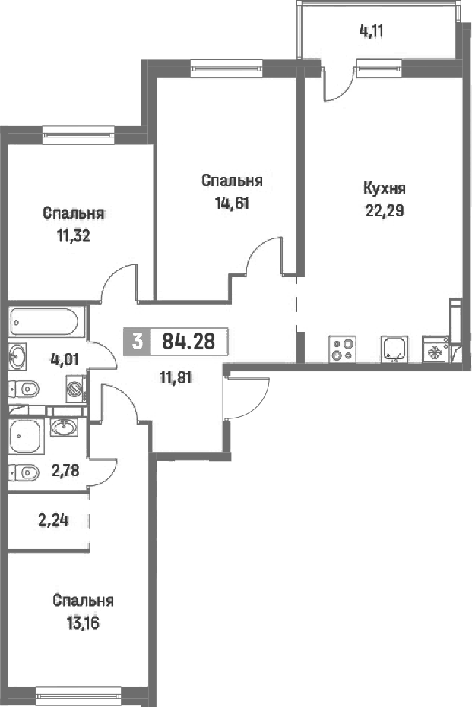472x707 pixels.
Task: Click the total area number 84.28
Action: coord(188,341)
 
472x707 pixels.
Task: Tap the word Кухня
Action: coord(385,188)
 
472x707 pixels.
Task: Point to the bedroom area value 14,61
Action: coord(232,204)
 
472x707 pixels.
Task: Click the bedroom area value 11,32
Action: coord(73,236)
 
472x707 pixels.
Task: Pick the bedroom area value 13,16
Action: coord(83,623)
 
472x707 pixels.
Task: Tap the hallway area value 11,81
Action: coord(176,377)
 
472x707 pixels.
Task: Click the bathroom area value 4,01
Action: coord(65,359)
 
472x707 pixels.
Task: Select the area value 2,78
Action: coord(65,471)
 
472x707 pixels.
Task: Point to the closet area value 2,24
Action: coord(54,520)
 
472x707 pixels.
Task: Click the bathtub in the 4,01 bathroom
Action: coord(44,321)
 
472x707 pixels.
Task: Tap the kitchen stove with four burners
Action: coord(343,349)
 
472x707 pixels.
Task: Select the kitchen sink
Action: coord(394,349)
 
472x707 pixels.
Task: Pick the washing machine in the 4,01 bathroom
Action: coord(76,388)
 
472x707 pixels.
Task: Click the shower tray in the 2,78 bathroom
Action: coord(27,437)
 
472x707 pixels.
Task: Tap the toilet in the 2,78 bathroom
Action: coord(24,472)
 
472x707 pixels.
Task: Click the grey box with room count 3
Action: coord(138,341)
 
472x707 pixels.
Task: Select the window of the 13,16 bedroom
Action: coord(78,694)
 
